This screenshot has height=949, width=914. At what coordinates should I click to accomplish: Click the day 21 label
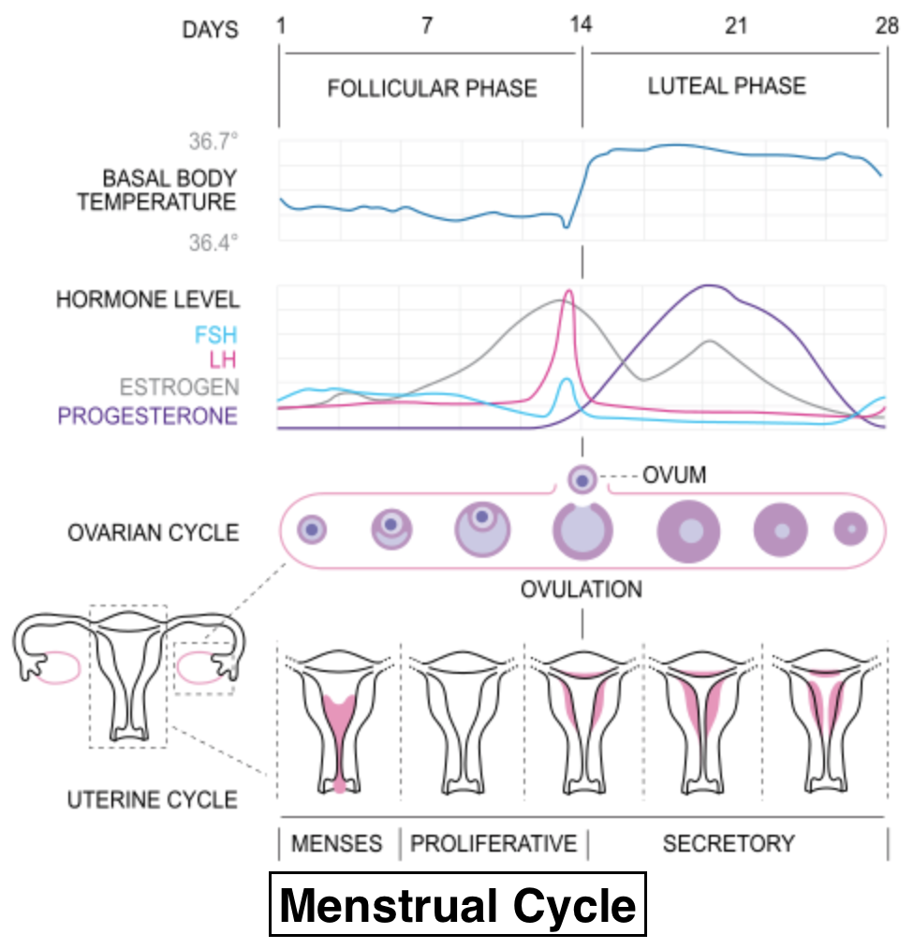tap(736, 25)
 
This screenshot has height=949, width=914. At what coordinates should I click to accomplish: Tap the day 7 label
tap(427, 25)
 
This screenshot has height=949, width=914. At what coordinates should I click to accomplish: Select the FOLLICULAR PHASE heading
tap(432, 89)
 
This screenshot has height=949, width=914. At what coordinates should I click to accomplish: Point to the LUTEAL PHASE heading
tap(727, 86)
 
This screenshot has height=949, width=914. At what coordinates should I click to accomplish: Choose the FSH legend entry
tap(216, 334)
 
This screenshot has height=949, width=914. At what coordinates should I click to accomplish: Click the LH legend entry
tap(224, 360)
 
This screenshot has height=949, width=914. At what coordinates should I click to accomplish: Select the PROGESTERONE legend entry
tap(148, 416)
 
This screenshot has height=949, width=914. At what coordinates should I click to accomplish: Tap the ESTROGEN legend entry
tap(179, 387)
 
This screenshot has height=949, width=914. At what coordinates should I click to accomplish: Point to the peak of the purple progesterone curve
tap(709, 285)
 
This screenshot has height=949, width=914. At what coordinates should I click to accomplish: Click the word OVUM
tap(674, 476)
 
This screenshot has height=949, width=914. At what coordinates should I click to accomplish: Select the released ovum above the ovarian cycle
tap(582, 480)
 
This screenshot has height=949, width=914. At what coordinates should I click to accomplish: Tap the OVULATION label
tap(582, 590)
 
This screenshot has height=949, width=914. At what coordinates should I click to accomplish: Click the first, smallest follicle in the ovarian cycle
tap(312, 530)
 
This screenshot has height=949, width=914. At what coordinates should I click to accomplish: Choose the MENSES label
tap(337, 843)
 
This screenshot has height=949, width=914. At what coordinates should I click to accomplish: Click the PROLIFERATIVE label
tap(494, 843)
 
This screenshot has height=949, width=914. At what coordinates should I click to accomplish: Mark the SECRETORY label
tap(729, 843)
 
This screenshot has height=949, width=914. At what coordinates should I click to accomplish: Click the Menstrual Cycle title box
tap(458, 905)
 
